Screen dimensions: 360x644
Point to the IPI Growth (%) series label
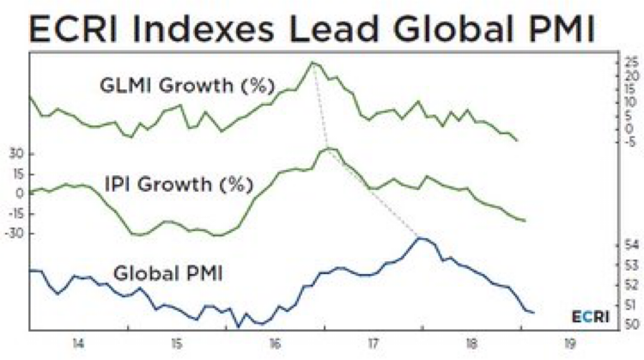click(x=179, y=184)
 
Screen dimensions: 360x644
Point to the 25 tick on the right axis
click(x=630, y=63)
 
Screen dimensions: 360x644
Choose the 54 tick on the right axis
click(x=629, y=246)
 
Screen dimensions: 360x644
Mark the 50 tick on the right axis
click(x=629, y=324)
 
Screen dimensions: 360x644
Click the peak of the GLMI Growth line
click(x=312, y=62)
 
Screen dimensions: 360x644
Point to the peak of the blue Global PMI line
click(x=419, y=238)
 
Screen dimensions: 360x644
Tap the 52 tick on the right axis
click(x=629, y=284)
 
